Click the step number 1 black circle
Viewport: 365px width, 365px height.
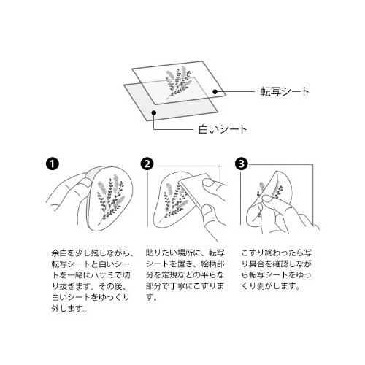click(x=53, y=164)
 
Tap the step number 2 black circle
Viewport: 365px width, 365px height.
click(x=147, y=164)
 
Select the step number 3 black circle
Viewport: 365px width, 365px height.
click(x=242, y=164)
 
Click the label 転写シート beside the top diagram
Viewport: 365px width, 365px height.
click(x=285, y=92)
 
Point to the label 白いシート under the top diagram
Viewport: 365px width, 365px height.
click(x=223, y=129)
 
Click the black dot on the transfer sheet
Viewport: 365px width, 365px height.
click(x=215, y=91)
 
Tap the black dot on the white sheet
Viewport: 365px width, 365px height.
click(x=153, y=112)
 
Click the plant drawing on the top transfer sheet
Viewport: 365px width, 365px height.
click(x=178, y=82)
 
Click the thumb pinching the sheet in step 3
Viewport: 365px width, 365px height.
click(x=269, y=199)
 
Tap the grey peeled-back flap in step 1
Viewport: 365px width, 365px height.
click(x=91, y=174)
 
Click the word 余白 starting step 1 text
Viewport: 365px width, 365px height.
click(x=59, y=253)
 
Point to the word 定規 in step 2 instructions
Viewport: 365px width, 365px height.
click(x=169, y=275)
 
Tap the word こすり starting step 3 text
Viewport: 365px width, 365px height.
click(x=253, y=253)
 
